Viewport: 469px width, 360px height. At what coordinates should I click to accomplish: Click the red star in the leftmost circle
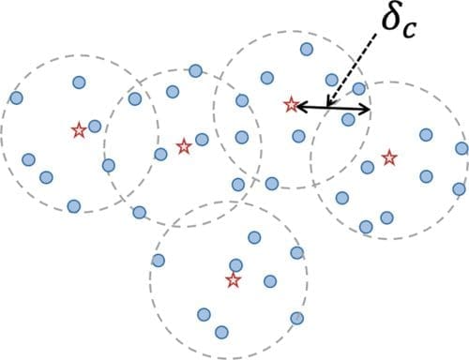click(x=79, y=130)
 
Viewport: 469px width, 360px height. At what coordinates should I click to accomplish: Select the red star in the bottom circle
click(x=233, y=279)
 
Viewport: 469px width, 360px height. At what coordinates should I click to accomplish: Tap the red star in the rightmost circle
click(x=388, y=155)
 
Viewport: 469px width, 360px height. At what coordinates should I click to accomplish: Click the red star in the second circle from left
click(x=184, y=145)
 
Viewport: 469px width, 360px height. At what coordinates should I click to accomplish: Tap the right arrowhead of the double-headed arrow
click(x=366, y=111)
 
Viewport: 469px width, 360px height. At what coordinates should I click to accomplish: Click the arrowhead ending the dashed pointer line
click(x=328, y=104)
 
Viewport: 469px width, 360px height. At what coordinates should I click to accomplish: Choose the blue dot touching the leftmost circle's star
click(x=94, y=126)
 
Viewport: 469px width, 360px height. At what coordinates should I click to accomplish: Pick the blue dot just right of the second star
click(x=202, y=140)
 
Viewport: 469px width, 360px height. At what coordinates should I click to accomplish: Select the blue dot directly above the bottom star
click(x=236, y=265)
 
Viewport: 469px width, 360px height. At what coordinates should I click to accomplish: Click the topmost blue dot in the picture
click(x=306, y=49)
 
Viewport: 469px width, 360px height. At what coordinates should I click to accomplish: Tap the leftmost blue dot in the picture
click(x=16, y=97)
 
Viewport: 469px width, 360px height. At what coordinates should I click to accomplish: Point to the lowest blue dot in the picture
click(x=221, y=332)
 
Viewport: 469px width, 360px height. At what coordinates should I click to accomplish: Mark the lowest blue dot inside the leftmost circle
click(x=73, y=205)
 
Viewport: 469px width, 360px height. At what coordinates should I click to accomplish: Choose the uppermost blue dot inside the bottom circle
click(x=253, y=237)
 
